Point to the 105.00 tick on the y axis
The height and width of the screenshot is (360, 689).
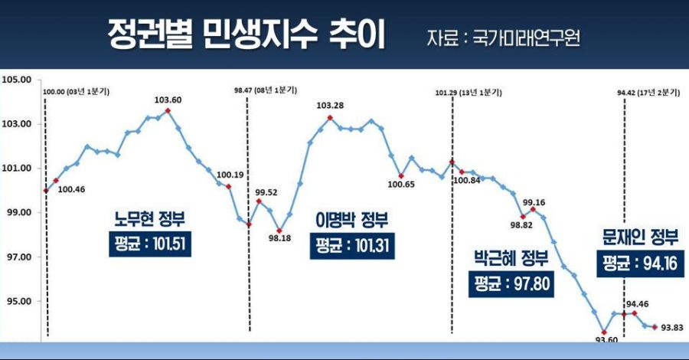click(x=16, y=79)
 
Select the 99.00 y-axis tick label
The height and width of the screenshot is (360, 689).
click(x=16, y=212)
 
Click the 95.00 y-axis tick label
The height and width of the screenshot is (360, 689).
click(x=16, y=301)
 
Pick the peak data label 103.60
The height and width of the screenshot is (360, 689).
click(x=168, y=100)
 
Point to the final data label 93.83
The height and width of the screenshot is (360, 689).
click(x=672, y=328)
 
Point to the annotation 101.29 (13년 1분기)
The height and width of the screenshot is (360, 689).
click(x=469, y=92)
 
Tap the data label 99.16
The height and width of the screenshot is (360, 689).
click(x=534, y=203)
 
